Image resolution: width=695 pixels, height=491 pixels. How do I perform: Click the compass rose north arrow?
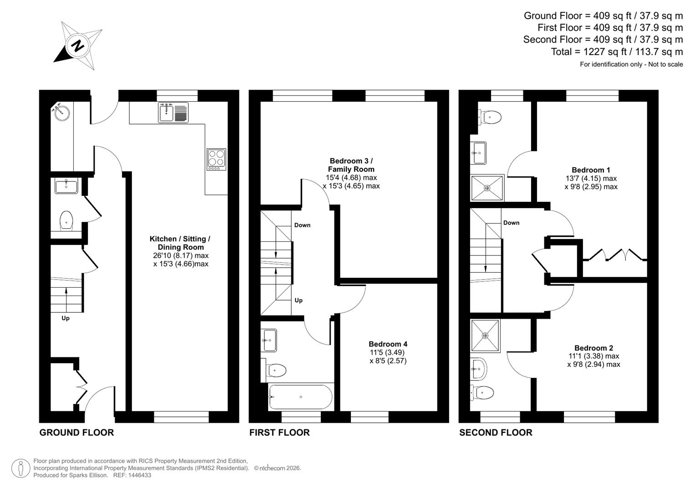click(78, 45)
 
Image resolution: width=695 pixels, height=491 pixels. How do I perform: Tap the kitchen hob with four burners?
click(216, 160)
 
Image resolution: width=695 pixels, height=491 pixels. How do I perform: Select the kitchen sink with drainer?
click(173, 112)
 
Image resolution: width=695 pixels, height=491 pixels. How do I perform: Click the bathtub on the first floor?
click(300, 397)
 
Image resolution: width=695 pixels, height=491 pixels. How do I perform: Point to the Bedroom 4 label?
click(388, 344)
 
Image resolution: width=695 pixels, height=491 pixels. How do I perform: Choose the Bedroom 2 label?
click(594, 348)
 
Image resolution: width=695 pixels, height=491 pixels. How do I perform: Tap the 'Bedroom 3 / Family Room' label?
click(351, 165)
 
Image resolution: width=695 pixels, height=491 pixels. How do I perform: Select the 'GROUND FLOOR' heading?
click(76, 432)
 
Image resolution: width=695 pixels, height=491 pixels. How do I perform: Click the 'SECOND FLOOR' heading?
click(495, 432)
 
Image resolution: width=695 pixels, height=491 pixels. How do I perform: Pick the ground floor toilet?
click(66, 220)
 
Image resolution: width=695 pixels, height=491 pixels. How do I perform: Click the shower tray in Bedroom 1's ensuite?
click(487, 188)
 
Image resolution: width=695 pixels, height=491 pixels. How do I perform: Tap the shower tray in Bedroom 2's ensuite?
click(485, 336)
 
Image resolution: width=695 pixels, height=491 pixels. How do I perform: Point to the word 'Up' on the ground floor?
click(66, 318)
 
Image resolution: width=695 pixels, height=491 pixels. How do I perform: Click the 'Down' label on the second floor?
click(511, 223)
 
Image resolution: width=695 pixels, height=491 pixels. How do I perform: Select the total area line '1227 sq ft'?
click(617, 52)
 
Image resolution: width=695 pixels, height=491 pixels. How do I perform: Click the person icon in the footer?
click(20, 468)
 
